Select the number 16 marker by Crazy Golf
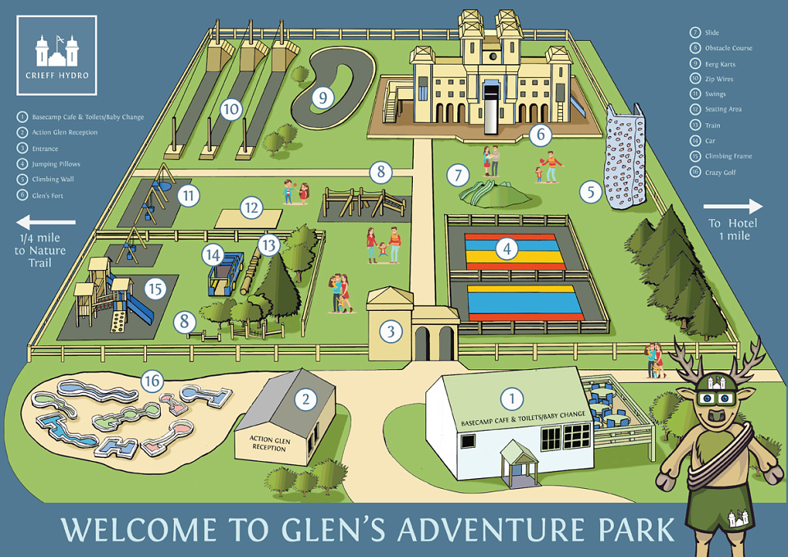coord(151,381)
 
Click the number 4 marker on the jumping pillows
coord(508,247)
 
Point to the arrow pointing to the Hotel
coord(733,207)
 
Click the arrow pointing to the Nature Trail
coord(46,221)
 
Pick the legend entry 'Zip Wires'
coord(718,80)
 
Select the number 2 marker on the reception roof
coord(305,399)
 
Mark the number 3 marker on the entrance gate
coord(392,331)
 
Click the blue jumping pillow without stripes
coord(525,301)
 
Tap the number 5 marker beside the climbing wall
coord(589,193)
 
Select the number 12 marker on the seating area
coord(251,208)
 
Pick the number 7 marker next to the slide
coord(458,175)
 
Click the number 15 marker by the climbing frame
coord(154,289)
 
